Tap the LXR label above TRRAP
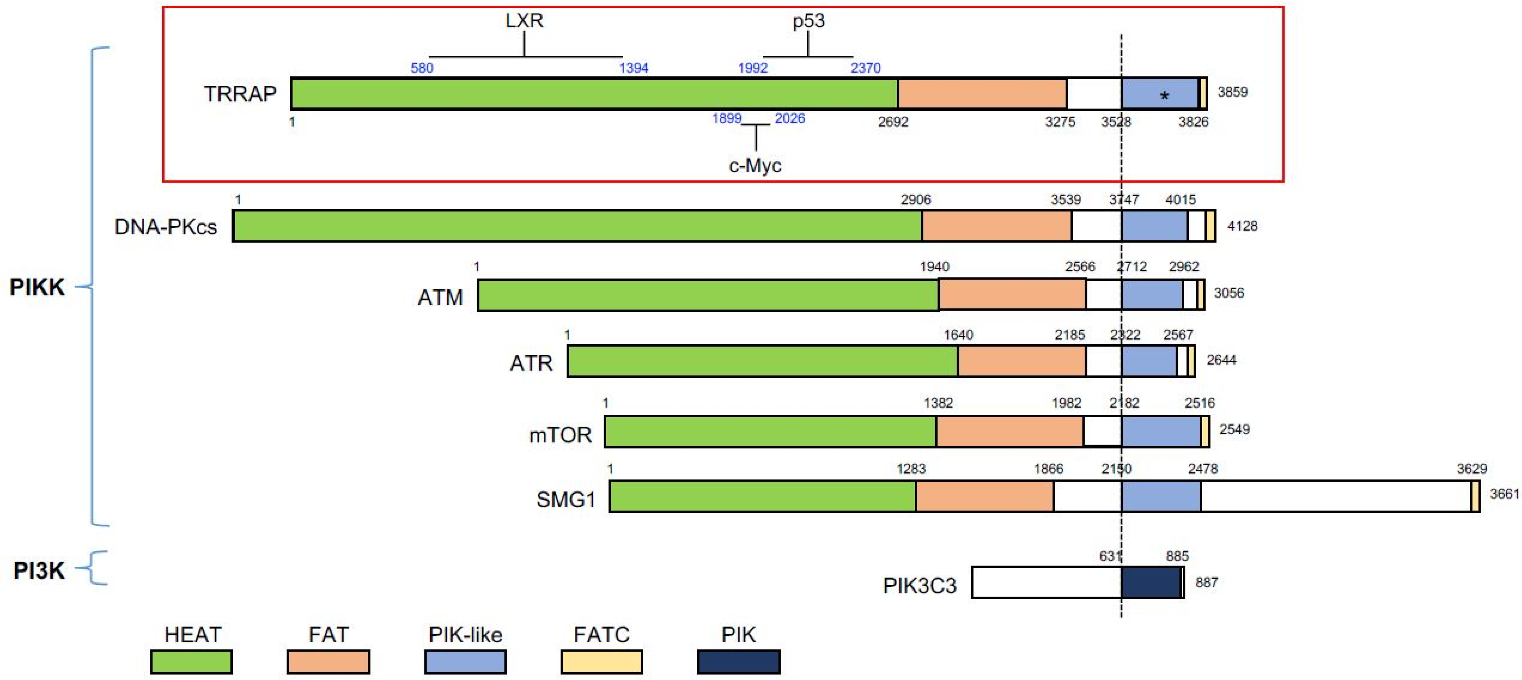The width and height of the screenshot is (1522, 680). point(524,20)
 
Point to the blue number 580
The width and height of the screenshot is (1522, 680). point(422,68)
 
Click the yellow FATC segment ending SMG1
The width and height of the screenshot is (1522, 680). point(1475,496)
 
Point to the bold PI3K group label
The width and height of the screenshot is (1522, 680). point(39,571)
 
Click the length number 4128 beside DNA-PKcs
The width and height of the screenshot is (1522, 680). point(1242,226)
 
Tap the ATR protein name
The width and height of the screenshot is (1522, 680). point(531,362)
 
